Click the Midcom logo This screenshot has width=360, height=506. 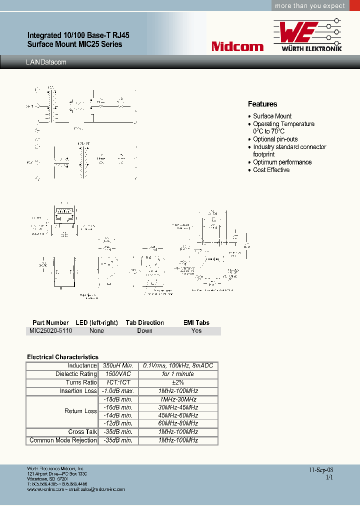pos(237,46)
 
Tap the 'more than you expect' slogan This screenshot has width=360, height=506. pos(310,6)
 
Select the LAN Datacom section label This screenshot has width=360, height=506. pos(45,62)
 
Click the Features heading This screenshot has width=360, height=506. pos(262,104)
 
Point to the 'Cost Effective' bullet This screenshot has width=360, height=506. pos(271,170)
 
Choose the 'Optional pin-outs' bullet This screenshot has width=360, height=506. pos(275,139)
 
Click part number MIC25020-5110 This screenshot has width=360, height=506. pos(50,330)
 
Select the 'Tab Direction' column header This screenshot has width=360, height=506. pos(144,322)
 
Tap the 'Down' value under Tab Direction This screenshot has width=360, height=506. pos(144,330)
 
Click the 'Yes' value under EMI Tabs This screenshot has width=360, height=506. pos(196,330)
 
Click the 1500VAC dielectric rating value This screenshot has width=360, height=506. pos(115,374)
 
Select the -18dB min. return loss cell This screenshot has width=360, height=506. pos(117,399)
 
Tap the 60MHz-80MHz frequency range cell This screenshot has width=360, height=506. pos(178,423)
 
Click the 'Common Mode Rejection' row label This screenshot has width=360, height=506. pos(63,440)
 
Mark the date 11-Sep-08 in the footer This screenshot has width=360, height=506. pos(320,470)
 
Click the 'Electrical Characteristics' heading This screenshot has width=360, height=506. pos(62,357)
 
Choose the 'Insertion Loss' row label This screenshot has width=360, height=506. pos(78,391)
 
